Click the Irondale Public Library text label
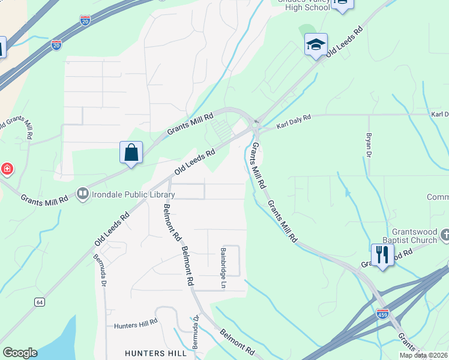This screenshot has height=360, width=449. click(125, 194)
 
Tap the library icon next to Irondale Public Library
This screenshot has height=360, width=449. click(82, 194)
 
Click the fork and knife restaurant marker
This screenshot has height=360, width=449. click(382, 254)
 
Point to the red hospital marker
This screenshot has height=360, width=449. click(7, 169)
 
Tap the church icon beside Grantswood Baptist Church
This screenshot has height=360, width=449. click(445, 235)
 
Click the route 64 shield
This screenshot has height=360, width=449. click(39, 302)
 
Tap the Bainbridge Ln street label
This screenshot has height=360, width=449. click(223, 262)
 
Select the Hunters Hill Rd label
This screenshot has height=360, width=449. click(136, 325)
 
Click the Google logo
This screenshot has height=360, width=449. click(20, 353)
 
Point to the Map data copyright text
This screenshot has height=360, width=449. click(423, 355)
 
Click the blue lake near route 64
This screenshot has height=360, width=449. click(48, 341)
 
